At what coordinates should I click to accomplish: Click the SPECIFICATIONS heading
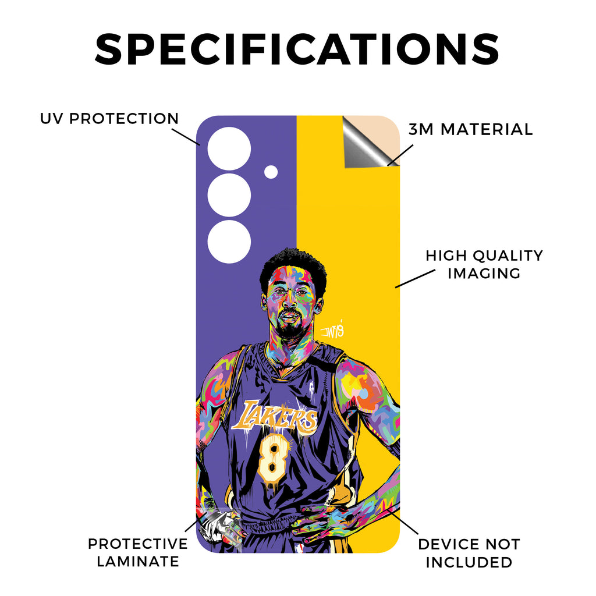coord(297,49)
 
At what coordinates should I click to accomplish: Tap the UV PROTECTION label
coord(109,119)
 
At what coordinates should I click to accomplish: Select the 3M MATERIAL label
coord(470,130)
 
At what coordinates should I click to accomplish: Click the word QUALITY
coord(509,256)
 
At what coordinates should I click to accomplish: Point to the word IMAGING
coord(484,274)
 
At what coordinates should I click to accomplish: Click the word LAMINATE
coord(137,562)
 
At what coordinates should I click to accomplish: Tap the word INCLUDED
coord(469,562)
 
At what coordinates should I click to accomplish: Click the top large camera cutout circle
coord(229,148)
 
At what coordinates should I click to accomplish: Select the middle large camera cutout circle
coord(229,196)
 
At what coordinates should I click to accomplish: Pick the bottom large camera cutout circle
coord(229,242)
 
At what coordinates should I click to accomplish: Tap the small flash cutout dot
coord(271,172)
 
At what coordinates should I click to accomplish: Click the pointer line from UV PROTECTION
coord(186,137)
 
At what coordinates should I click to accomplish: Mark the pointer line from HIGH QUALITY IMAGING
coord(415,279)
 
